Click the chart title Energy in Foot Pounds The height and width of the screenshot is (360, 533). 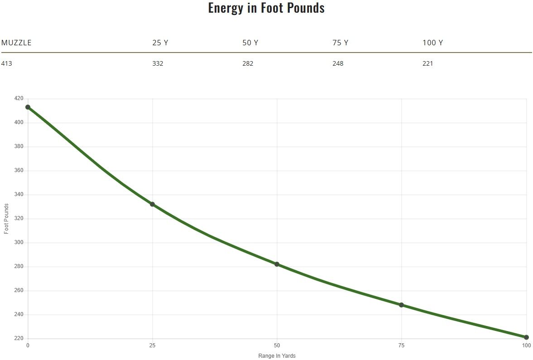266,8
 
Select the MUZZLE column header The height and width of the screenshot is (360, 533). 16,43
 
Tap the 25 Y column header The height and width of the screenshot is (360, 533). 160,43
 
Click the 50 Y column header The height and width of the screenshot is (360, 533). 250,43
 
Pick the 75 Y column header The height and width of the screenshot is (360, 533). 340,43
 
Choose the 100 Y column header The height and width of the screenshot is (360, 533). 432,43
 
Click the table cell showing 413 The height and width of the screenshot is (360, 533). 7,63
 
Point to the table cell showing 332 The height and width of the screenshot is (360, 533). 158,63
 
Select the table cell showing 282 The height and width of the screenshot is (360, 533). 248,63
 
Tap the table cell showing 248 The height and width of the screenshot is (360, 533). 338,63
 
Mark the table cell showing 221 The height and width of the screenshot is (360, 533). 427,63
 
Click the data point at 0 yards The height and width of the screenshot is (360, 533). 28,107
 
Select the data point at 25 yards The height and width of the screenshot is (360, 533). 152,204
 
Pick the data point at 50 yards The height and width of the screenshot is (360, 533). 277,264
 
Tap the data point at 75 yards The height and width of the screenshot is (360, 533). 401,305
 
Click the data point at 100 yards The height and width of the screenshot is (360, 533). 526,337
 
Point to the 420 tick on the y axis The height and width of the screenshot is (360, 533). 19,99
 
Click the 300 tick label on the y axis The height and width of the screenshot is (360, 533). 19,243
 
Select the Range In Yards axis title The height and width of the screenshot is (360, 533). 277,356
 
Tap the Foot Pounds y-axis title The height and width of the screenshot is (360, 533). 6,219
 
